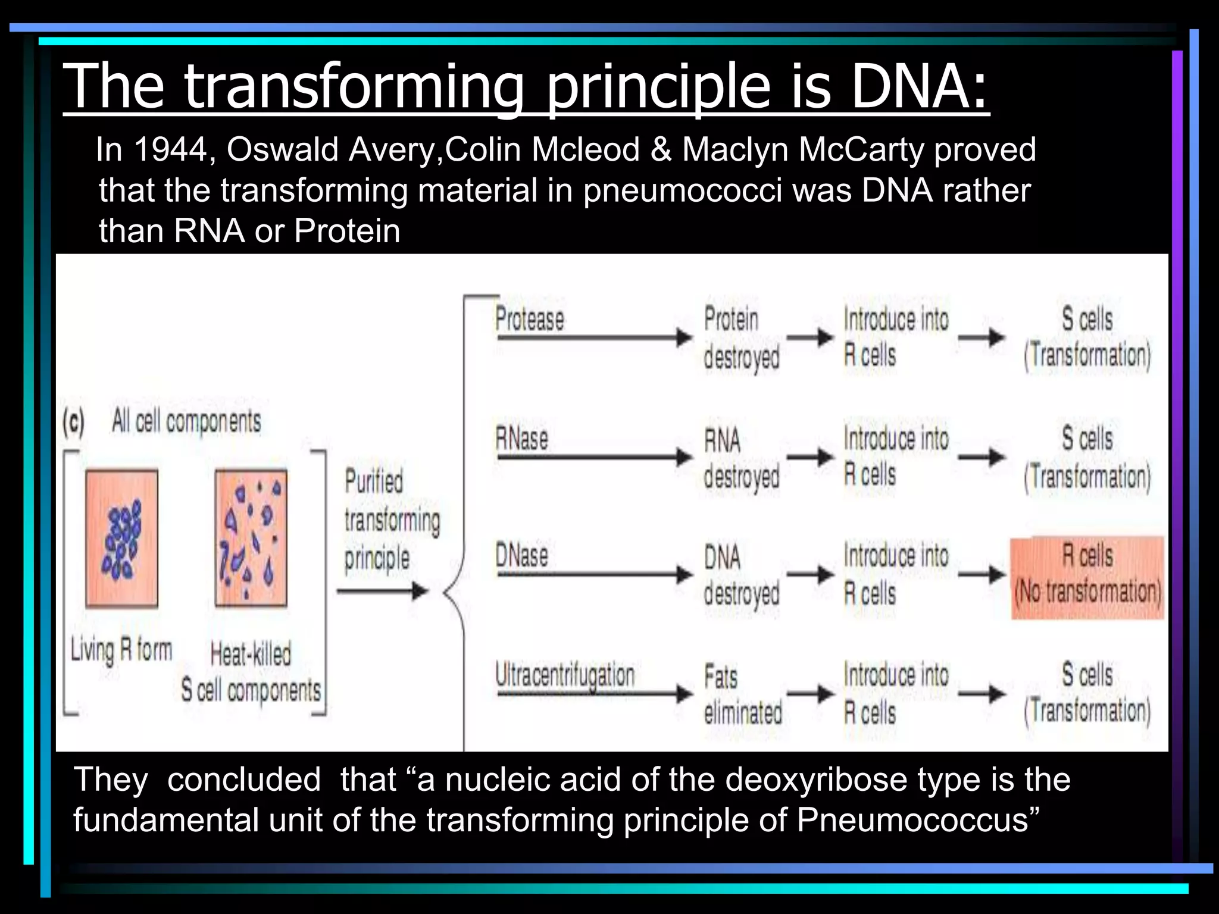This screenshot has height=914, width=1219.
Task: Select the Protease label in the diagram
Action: click(529, 319)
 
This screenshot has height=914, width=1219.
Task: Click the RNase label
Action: click(521, 439)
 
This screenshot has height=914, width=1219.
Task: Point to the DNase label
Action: click(521, 556)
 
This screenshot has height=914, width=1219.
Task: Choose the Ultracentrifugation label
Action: click(565, 675)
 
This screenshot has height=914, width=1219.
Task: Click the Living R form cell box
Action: click(122, 539)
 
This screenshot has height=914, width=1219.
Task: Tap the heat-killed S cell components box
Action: click(251, 539)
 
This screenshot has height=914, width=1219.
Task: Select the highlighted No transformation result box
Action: click(1087, 576)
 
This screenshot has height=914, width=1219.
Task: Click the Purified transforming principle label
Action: click(390, 519)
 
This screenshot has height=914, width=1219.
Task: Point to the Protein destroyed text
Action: click(740, 337)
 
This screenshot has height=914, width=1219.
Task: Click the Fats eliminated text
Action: click(742, 694)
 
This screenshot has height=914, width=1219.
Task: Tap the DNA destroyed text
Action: click(740, 575)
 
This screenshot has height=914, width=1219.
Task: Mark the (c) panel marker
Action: click(74, 423)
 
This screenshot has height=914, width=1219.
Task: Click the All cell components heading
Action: click(186, 421)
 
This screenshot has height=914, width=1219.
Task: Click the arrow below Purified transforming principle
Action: click(382, 591)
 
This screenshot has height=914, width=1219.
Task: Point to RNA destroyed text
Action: click(740, 458)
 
